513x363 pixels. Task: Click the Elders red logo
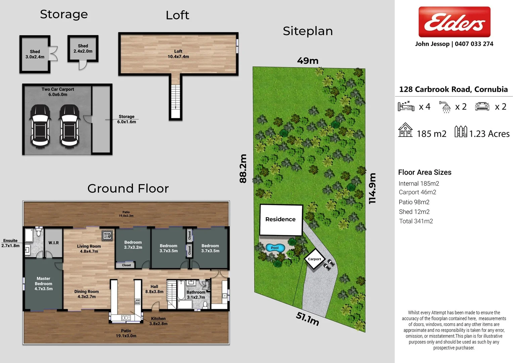click(454, 22)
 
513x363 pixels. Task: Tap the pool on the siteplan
click(275, 248)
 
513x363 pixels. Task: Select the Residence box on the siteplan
click(281, 219)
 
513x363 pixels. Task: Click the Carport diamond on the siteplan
click(315, 259)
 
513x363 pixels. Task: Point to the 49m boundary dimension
click(308, 61)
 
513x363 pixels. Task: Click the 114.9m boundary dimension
click(372, 188)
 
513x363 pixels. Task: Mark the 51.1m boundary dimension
click(307, 319)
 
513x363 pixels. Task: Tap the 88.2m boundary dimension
click(243, 168)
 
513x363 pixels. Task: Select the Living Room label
click(89, 249)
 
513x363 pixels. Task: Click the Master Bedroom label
click(44, 284)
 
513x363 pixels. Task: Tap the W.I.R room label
click(53, 243)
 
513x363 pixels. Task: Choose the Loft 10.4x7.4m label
click(178, 54)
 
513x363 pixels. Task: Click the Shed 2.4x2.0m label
click(83, 48)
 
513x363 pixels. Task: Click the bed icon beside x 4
click(406, 106)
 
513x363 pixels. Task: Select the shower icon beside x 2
click(446, 107)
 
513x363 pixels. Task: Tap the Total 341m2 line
click(416, 221)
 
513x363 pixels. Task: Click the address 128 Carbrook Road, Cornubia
click(453, 89)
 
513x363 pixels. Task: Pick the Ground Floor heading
click(128, 189)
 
